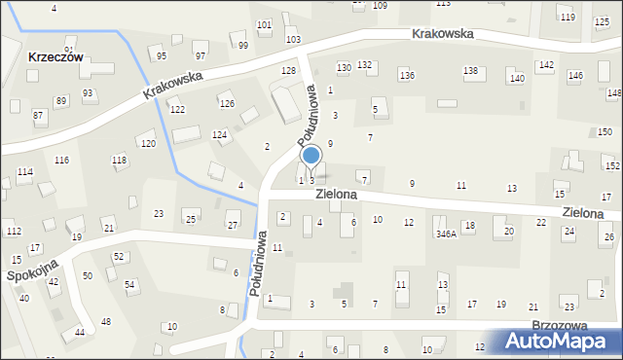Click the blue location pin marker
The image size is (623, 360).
[x=311, y=156]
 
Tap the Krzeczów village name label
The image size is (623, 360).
[x=55, y=56]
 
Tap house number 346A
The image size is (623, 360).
[x=446, y=234]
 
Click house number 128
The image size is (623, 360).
[x=288, y=71]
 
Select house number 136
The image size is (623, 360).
[x=407, y=76]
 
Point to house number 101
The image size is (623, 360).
[x=264, y=24]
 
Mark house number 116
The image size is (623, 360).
[x=61, y=160]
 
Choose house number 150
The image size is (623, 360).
[x=605, y=132]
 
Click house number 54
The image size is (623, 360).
[x=129, y=284]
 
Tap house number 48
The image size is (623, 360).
[x=105, y=321]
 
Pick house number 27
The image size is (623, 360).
[x=233, y=226]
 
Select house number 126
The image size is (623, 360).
[x=227, y=104]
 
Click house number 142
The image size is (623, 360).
[x=546, y=65]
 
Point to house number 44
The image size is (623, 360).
[x=79, y=333]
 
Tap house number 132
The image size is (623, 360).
[x=364, y=65]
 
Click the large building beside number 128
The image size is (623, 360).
[x=286, y=103]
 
